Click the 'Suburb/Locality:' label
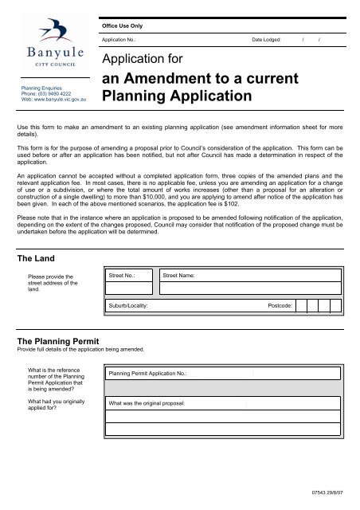pyautogui.click(x=129, y=305)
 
